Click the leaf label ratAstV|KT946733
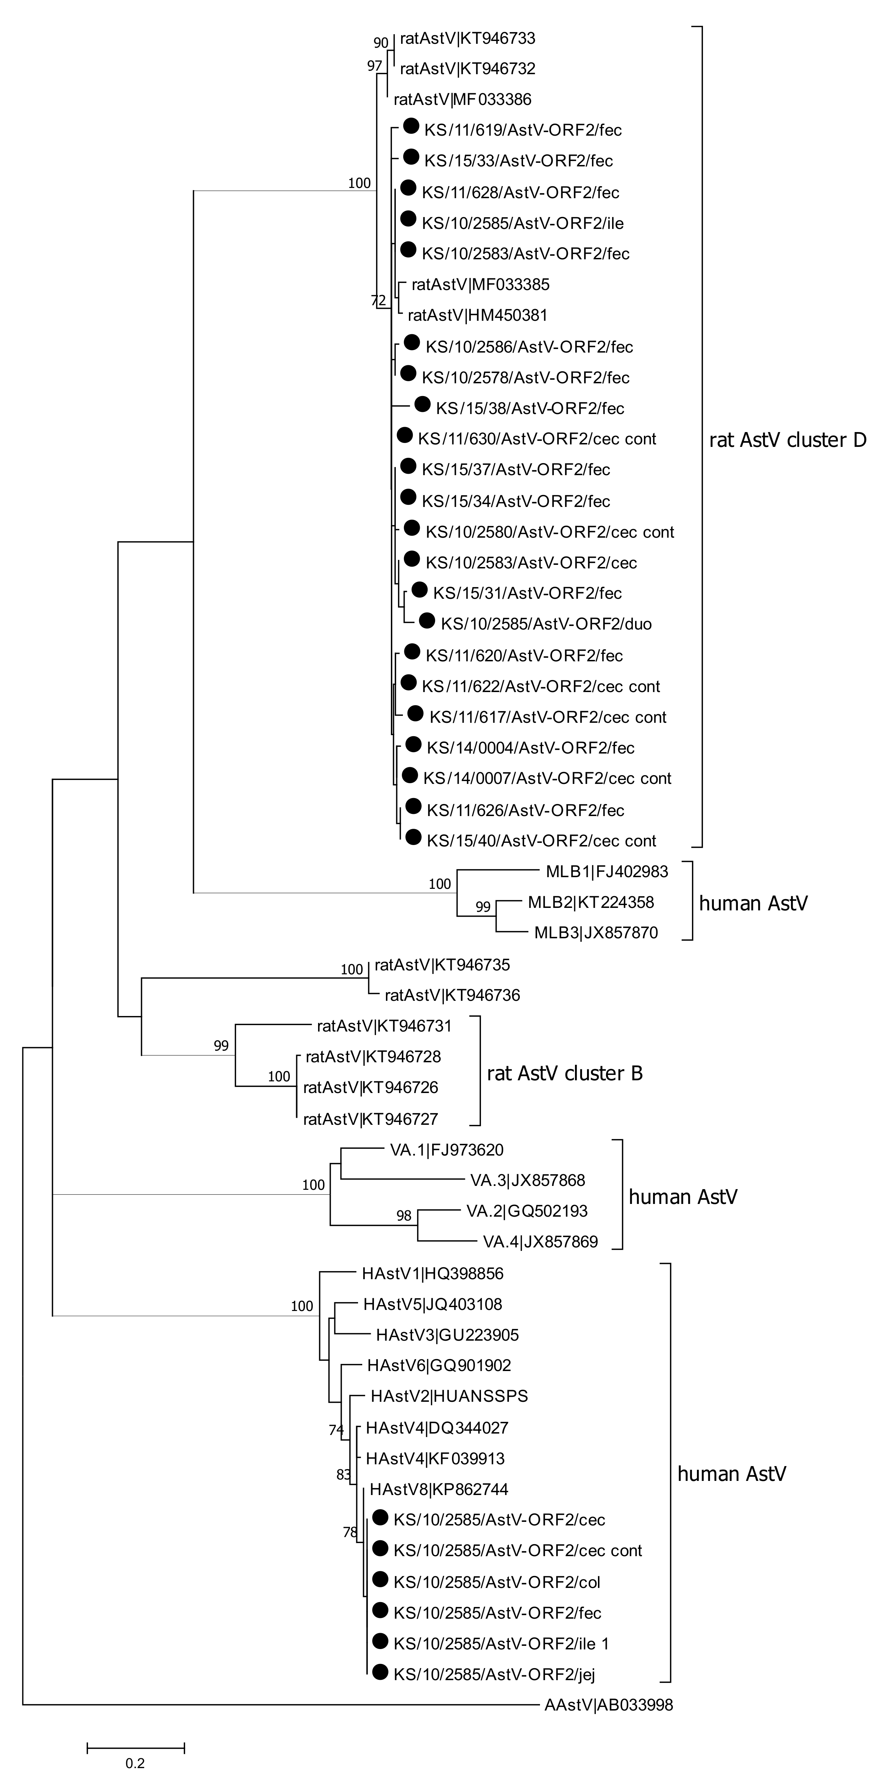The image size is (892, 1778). tap(468, 38)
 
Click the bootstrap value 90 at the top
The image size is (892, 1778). tap(380, 43)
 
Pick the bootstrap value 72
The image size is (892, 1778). tap(378, 300)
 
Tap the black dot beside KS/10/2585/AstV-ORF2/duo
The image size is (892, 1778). tap(427, 620)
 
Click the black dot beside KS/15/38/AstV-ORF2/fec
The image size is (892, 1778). tap(422, 404)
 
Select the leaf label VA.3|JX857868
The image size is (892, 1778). tap(528, 1180)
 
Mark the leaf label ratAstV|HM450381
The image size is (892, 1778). tap(477, 315)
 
